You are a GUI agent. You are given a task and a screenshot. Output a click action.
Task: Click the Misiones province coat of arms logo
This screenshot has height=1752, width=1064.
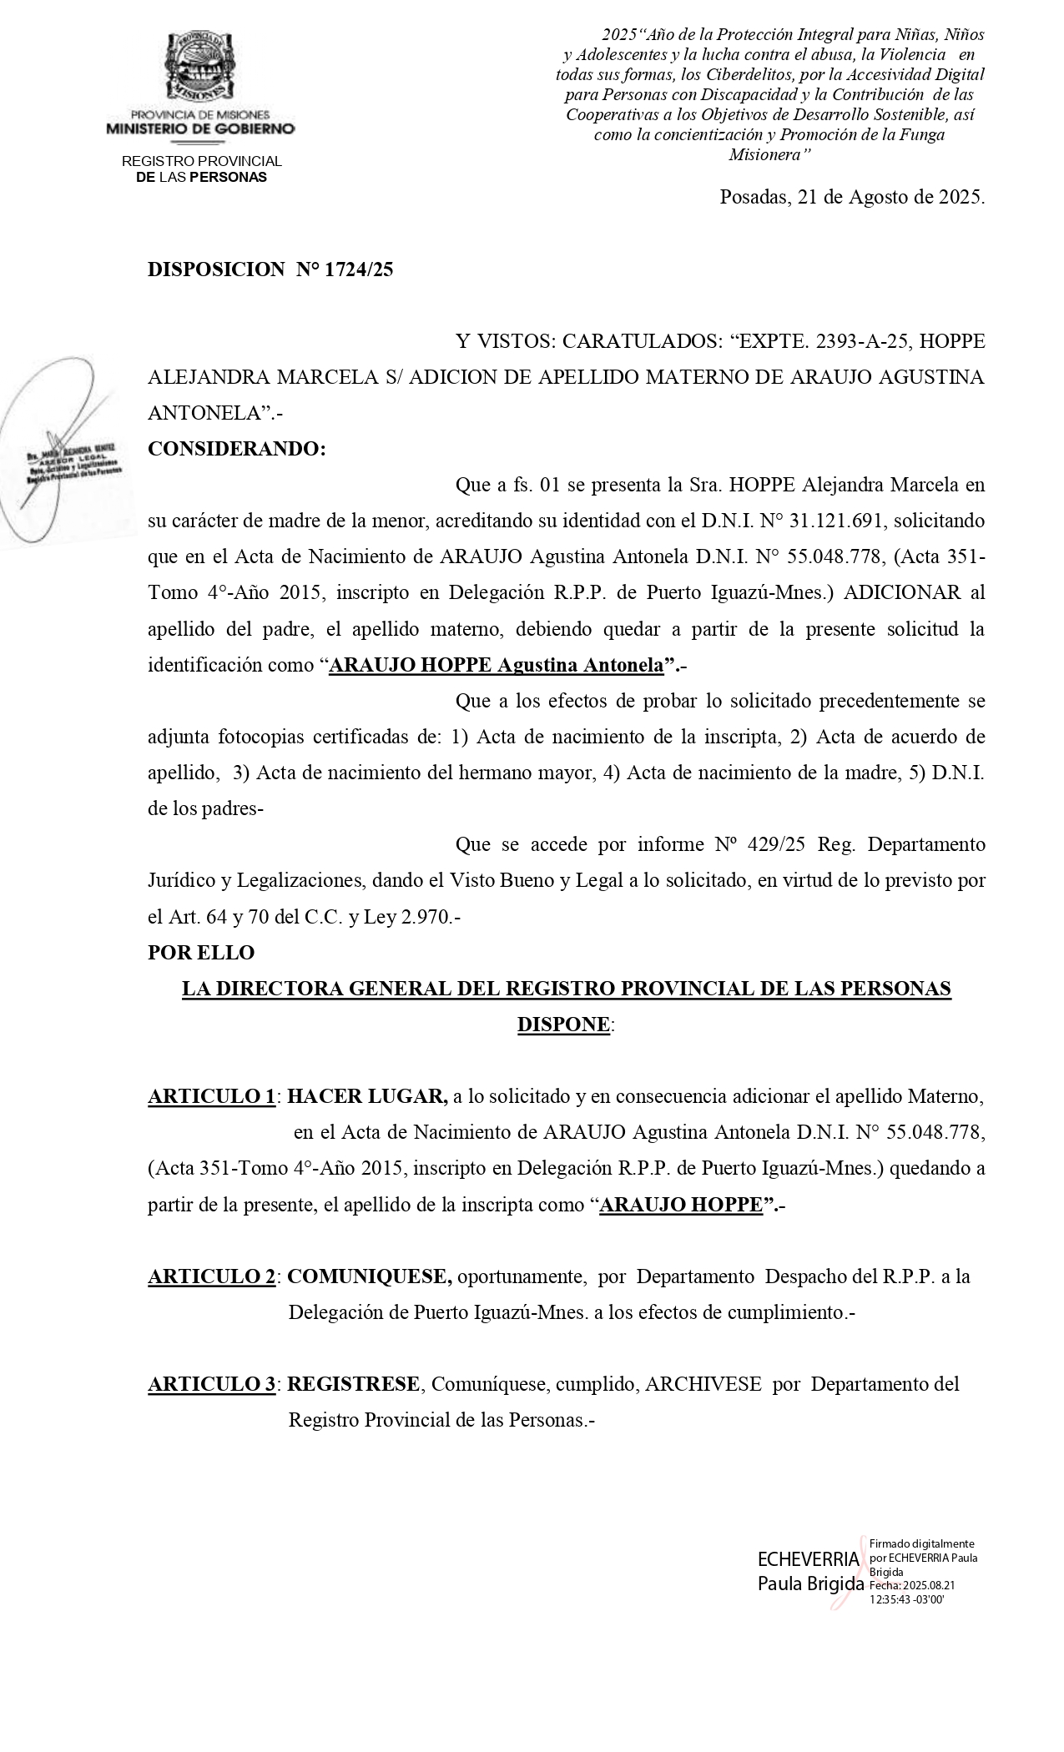(x=199, y=65)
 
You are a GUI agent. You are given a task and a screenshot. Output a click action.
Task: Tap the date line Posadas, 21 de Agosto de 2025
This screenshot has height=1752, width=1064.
(x=851, y=198)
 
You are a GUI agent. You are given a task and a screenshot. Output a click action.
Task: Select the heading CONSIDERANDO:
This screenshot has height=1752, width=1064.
(x=236, y=449)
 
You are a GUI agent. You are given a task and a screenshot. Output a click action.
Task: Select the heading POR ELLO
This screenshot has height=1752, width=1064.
(x=201, y=952)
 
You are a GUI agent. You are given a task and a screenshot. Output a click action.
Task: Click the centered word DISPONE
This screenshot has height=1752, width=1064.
(x=563, y=1024)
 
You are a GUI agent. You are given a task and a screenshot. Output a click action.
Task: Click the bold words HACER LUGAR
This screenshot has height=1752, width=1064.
(x=366, y=1096)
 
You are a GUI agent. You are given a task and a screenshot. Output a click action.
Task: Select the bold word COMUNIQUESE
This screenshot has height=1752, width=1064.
(x=370, y=1276)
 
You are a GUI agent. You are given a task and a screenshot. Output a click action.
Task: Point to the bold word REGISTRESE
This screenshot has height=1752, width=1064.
(x=354, y=1385)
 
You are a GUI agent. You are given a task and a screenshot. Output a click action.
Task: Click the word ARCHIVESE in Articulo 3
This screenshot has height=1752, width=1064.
(x=703, y=1385)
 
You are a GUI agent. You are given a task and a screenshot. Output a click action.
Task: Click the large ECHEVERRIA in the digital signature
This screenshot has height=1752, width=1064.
(x=807, y=1559)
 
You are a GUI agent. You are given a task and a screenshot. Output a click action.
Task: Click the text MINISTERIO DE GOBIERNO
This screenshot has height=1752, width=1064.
(x=200, y=129)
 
